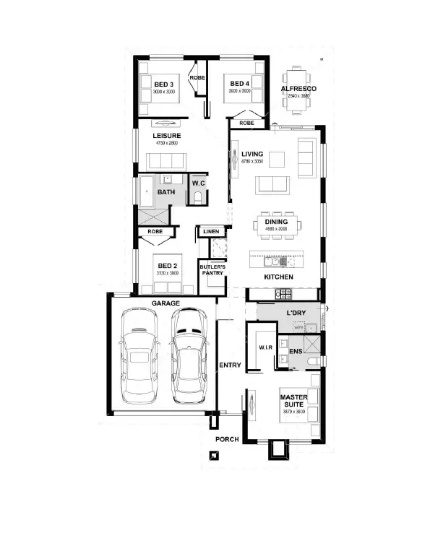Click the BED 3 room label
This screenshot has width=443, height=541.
pyautogui.click(x=165, y=85)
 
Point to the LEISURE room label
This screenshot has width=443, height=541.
pyautogui.click(x=166, y=136)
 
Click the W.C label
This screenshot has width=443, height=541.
pyautogui.click(x=199, y=183)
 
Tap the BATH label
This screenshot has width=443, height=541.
pyautogui.click(x=166, y=192)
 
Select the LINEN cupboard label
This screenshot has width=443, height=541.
pyautogui.click(x=211, y=232)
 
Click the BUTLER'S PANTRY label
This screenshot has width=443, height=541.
pyautogui.click(x=212, y=271)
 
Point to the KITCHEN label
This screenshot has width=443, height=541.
pyautogui.click(x=278, y=277)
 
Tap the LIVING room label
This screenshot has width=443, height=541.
pyautogui.click(x=252, y=154)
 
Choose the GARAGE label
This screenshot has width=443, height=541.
pyautogui.click(x=165, y=303)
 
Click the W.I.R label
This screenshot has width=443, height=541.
pyautogui.click(x=265, y=349)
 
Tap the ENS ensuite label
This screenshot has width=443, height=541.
pyautogui.click(x=295, y=351)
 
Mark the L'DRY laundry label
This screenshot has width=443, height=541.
pyautogui.click(x=298, y=312)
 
